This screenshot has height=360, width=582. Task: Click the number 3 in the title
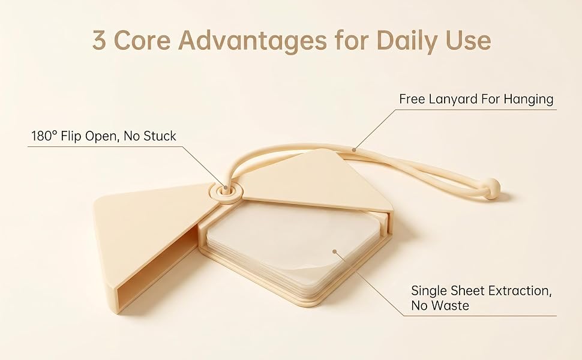[99, 40]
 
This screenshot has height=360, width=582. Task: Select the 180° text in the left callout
[44, 136]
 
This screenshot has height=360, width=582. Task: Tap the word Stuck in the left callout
[160, 136]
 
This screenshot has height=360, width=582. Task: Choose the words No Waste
[440, 306]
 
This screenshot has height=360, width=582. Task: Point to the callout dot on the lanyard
[354, 150]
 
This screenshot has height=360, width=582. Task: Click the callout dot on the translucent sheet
[334, 251]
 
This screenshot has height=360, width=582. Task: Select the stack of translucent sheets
[293, 247]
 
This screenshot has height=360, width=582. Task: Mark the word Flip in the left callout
[71, 136]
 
